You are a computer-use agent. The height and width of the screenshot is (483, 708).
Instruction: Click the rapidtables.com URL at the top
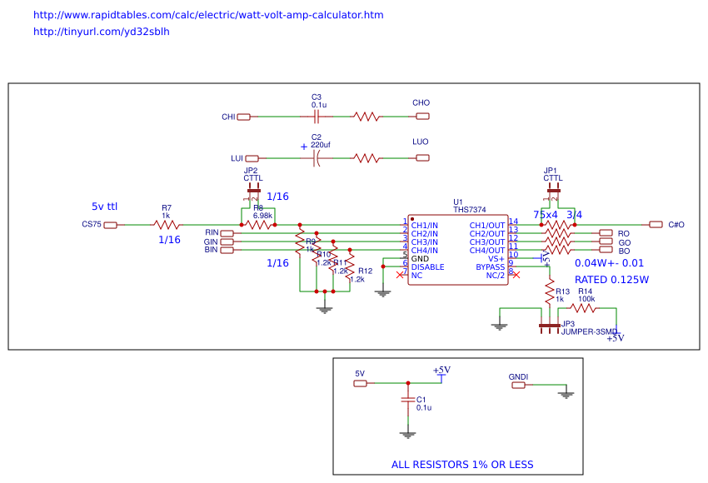(x=208, y=15)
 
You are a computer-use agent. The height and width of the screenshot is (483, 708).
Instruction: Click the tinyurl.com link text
(x=101, y=32)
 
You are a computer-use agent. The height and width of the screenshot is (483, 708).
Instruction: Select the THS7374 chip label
(x=469, y=210)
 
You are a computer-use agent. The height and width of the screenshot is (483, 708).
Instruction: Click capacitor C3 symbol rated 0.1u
(x=317, y=117)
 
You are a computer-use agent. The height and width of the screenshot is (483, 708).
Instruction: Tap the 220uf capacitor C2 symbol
(x=316, y=157)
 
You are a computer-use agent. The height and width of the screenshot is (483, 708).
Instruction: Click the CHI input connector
(x=243, y=117)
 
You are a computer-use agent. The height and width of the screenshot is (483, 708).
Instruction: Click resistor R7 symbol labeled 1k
(x=167, y=225)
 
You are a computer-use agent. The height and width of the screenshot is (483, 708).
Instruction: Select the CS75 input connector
(x=110, y=225)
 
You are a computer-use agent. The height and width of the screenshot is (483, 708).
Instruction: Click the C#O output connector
(x=656, y=225)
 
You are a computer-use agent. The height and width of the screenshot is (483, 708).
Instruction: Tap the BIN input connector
(x=227, y=250)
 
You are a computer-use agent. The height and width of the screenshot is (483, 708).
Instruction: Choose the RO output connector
(x=606, y=233)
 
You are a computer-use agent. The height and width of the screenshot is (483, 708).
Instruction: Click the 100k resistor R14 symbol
(x=586, y=308)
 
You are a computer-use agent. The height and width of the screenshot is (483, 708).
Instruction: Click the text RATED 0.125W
(x=611, y=280)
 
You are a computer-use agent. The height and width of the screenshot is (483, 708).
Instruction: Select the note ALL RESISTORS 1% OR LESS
(x=462, y=465)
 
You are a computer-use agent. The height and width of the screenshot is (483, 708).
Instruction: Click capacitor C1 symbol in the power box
(x=407, y=401)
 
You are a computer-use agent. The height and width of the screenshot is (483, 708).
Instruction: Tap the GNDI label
(x=518, y=377)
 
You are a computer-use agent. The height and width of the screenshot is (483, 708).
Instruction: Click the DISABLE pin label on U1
(x=427, y=267)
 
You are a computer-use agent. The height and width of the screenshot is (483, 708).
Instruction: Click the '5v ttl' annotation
(x=104, y=206)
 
